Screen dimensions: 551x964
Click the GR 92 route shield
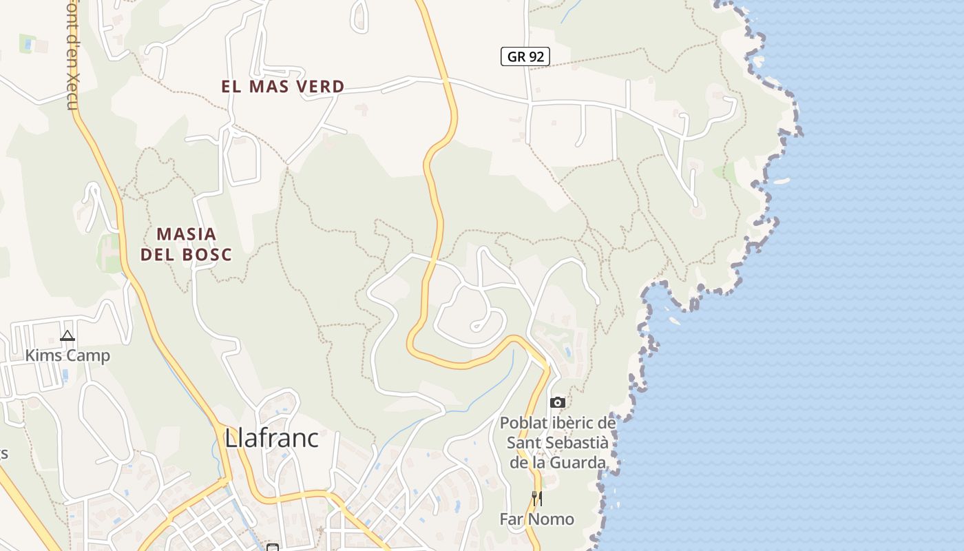pyautogui.click(x=525, y=56)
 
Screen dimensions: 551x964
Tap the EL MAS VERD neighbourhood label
pyautogui.click(x=282, y=87)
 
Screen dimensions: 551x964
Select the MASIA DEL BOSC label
pyautogui.click(x=186, y=244)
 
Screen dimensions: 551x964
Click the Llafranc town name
pyautogui.click(x=272, y=438)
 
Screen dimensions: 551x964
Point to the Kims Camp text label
pyautogui.click(x=67, y=356)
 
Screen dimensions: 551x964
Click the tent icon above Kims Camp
pyautogui.click(x=67, y=336)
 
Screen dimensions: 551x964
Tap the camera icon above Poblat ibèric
pyautogui.click(x=558, y=402)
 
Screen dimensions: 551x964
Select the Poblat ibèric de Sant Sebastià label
pyautogui.click(x=558, y=442)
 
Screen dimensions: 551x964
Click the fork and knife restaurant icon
pyautogui.click(x=537, y=498)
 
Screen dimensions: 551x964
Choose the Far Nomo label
pyautogui.click(x=537, y=519)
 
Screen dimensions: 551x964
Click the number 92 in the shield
pyautogui.click(x=538, y=56)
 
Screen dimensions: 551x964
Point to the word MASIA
pyautogui.click(x=186, y=234)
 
